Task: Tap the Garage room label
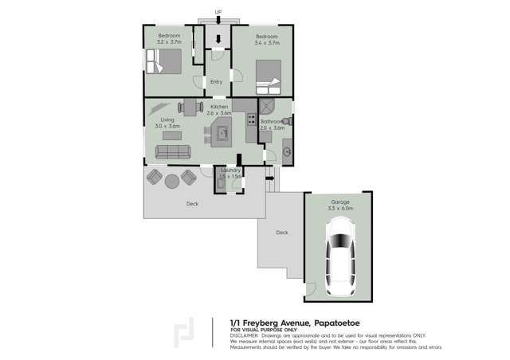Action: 340,202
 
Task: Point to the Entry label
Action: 216,82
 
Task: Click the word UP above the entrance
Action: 218,11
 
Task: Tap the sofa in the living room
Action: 173,151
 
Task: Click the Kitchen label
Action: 219,106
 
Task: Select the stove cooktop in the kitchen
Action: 251,120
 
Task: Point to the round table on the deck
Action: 172,180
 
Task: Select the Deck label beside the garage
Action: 281,233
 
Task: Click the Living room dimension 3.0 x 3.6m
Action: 167,127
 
